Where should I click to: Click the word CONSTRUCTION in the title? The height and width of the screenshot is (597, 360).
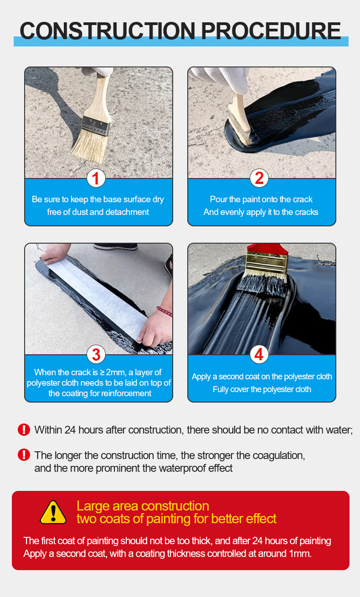point(108,31)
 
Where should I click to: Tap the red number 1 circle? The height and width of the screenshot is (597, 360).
point(96,178)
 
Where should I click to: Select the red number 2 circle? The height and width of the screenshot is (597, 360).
point(259,178)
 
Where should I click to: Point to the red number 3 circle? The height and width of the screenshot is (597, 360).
point(96,354)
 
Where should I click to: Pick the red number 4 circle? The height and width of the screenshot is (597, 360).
point(259,354)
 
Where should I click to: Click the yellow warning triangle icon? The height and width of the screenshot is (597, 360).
point(53,513)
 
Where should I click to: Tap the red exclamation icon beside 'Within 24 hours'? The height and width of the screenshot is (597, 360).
point(24,429)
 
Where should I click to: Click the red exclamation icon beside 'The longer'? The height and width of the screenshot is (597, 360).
point(24,455)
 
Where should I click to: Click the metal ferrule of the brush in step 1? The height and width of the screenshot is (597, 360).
point(96,126)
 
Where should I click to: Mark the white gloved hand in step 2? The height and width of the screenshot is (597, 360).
point(222,79)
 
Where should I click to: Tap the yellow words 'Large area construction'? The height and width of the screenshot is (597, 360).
point(143,506)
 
